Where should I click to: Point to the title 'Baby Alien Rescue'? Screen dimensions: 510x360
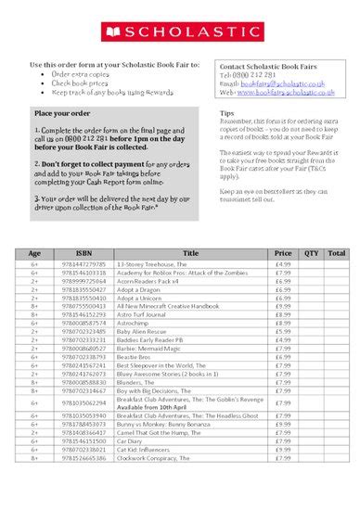coord(144,331)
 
